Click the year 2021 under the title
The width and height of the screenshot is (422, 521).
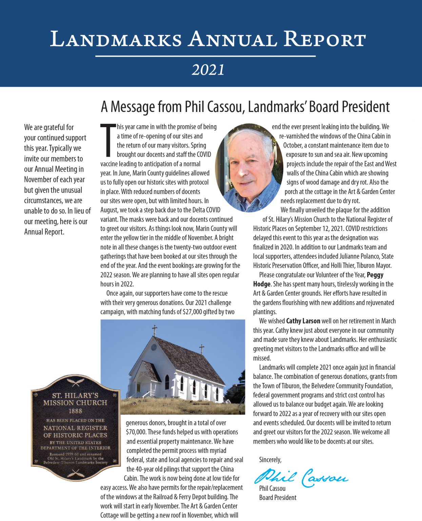(208, 70)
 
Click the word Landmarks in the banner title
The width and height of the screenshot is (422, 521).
(116, 39)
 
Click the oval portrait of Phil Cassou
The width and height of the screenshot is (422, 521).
(249, 168)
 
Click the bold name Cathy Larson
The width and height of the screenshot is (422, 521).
(303, 321)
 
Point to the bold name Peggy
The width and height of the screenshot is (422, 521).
(375, 275)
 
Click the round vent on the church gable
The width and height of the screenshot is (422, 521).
(154, 348)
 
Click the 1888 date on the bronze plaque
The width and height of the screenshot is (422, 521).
(75, 411)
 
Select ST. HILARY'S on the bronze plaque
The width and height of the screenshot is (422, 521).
(75, 395)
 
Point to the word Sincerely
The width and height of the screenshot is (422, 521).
(270, 460)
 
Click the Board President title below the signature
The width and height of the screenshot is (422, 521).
(278, 498)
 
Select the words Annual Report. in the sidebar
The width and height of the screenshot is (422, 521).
(44, 232)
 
